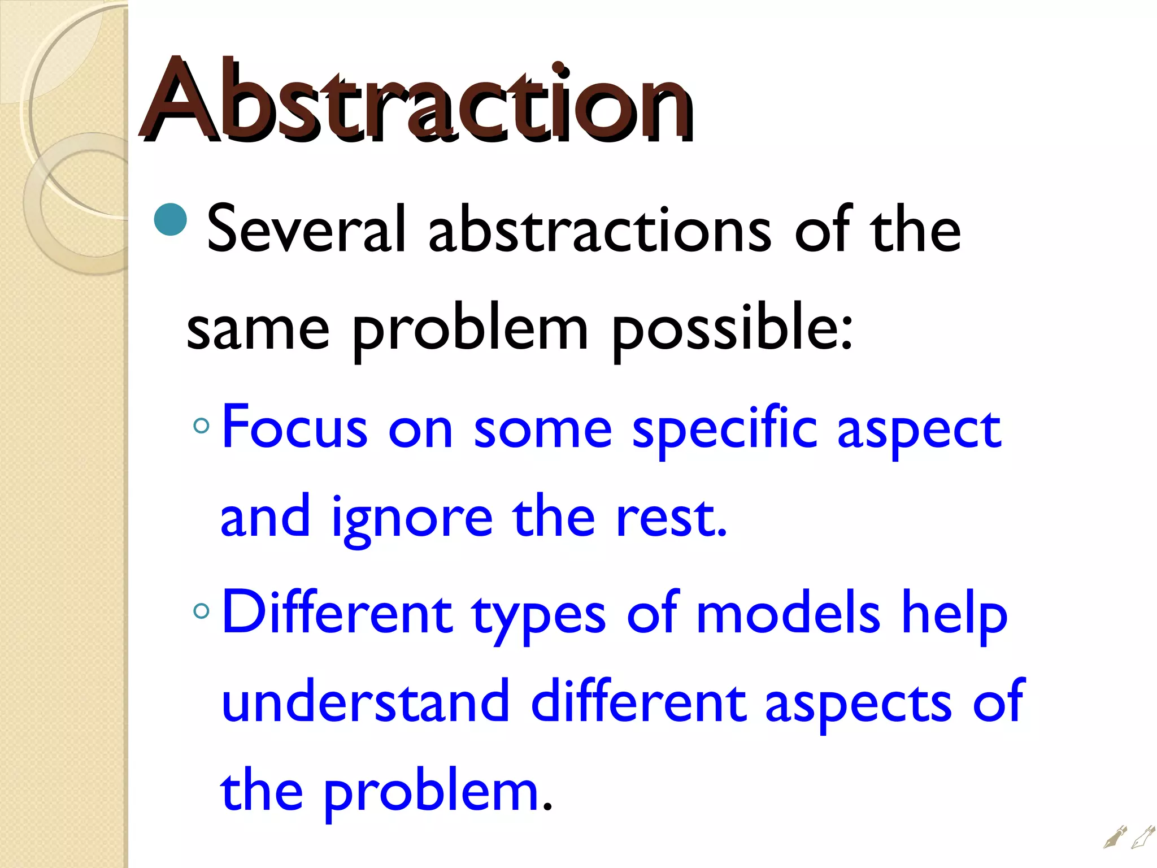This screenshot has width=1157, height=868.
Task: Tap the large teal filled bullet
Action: click(170, 219)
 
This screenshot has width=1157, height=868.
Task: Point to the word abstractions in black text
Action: click(599, 229)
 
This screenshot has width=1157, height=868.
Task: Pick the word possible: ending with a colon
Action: click(732, 330)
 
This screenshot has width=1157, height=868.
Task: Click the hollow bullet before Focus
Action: click(201, 426)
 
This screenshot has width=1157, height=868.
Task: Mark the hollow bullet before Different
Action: click(201, 610)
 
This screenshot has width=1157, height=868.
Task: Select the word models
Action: click(788, 614)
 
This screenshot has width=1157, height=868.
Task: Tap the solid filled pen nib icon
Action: click(1115, 837)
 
